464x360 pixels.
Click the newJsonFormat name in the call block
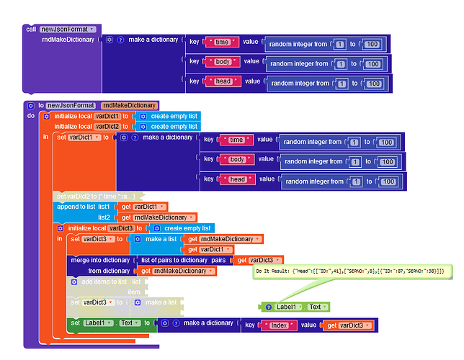[x=67, y=29]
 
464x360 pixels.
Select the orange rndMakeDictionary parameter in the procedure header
[x=129, y=105]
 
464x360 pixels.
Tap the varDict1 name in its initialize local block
[x=107, y=116]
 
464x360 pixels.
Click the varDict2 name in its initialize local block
[x=107, y=126]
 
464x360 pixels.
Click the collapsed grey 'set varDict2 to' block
[x=99, y=196]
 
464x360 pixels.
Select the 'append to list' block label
[x=75, y=207]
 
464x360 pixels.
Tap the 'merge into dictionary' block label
[x=100, y=260]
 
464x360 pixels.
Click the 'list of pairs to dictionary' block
[x=183, y=260]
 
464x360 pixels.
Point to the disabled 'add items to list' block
[x=99, y=282]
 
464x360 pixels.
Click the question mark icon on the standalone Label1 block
[x=268, y=307]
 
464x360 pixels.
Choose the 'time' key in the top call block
[x=221, y=42]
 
